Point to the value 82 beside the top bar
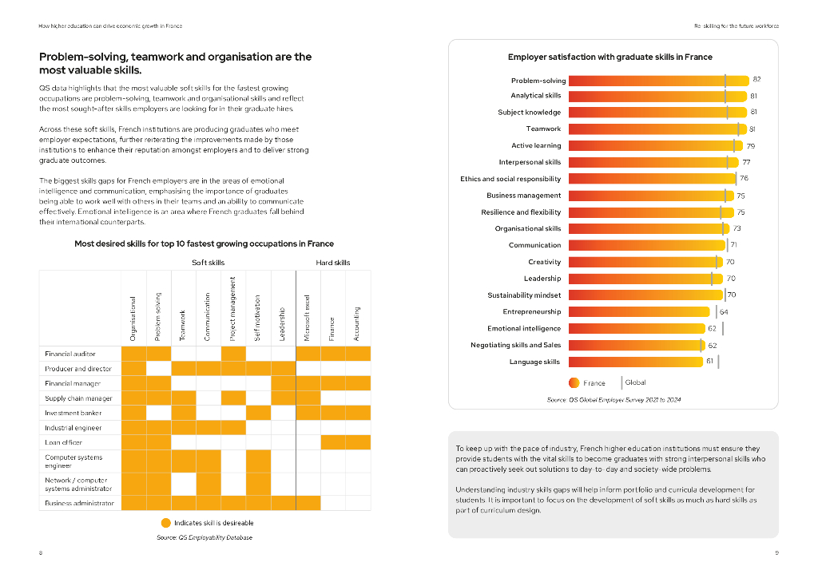[x=756, y=80]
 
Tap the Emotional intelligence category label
[x=524, y=328]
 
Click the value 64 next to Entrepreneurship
[x=724, y=311]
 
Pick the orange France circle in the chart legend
[x=573, y=382]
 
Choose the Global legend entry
[x=634, y=382]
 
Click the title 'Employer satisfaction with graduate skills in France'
[x=610, y=57]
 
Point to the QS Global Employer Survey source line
[x=613, y=399]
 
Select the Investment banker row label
[x=73, y=413]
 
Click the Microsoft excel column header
[x=308, y=319]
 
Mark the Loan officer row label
[x=64, y=441]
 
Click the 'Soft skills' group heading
[x=208, y=262]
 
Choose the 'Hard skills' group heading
[x=333, y=262]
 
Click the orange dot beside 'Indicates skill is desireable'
[x=165, y=523]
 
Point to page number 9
[x=776, y=553]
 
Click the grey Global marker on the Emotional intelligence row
[x=722, y=328]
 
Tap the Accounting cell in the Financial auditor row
[x=358, y=353]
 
